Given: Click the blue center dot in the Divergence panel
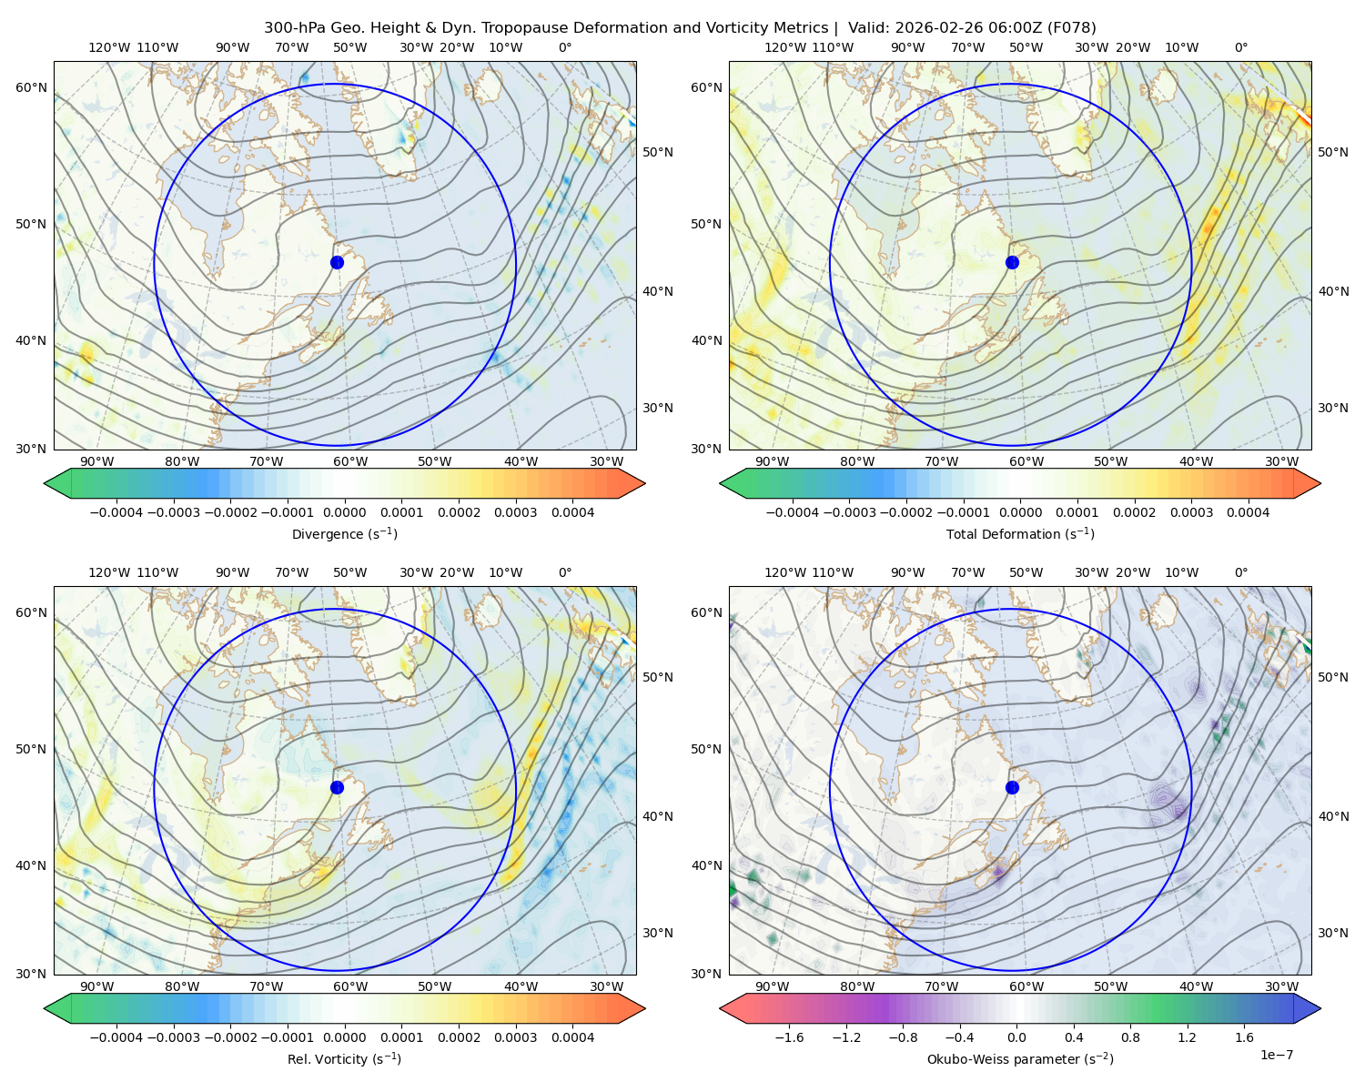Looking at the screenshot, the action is [x=337, y=262].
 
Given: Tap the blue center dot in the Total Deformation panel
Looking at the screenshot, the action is [x=1012, y=262].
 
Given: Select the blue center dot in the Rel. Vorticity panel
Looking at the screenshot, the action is [x=337, y=787].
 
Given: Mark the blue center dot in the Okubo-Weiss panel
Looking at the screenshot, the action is [x=1012, y=787].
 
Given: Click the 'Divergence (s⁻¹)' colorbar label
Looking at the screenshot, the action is [x=344, y=533].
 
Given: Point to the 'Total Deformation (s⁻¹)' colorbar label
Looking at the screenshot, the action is [x=1020, y=533].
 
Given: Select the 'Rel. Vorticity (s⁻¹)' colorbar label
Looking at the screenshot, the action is [x=344, y=1058].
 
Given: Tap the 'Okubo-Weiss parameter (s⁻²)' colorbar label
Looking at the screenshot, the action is [x=1020, y=1058].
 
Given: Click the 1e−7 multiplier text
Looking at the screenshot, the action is [x=1276, y=1055].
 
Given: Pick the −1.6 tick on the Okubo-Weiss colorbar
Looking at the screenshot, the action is [x=789, y=1036].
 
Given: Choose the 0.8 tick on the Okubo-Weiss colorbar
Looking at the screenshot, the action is [x=1130, y=1036].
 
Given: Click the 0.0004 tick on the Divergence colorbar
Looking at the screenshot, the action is [x=572, y=512].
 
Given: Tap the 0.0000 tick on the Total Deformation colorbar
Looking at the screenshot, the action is [x=1021, y=512].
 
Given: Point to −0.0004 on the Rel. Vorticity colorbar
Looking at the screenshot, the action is [x=116, y=1036].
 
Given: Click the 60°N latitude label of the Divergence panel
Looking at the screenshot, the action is [x=31, y=87].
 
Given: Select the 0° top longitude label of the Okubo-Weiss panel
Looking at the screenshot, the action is [x=1240, y=571].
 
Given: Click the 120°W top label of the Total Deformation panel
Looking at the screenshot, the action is [x=784, y=47].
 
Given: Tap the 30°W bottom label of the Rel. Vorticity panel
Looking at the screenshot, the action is [x=606, y=986].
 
